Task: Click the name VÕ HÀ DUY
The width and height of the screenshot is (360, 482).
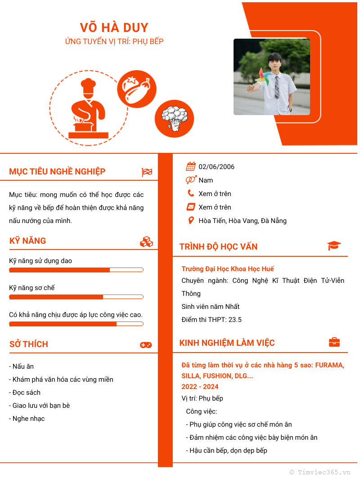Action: pyautogui.click(x=114, y=27)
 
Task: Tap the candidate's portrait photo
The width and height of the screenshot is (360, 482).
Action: pyautogui.click(x=271, y=77)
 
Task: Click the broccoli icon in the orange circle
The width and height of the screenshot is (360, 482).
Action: pyautogui.click(x=174, y=119)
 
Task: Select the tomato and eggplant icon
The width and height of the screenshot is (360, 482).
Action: pyautogui.click(x=137, y=89)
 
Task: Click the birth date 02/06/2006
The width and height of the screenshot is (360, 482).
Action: pyautogui.click(x=216, y=167)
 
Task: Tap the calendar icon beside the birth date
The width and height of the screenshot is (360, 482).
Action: pyautogui.click(x=191, y=167)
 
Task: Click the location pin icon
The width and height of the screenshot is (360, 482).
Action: pyautogui.click(x=191, y=220)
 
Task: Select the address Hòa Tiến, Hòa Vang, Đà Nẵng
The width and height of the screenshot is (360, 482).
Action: pyautogui.click(x=243, y=221)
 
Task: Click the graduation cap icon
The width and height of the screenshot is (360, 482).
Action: pyautogui.click(x=334, y=245)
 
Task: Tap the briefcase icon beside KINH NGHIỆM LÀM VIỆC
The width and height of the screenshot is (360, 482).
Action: pyautogui.click(x=334, y=342)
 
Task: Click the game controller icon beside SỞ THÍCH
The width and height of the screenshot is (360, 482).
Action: pyautogui.click(x=146, y=345)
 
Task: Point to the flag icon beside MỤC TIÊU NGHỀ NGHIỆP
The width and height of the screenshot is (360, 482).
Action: pyautogui.click(x=147, y=172)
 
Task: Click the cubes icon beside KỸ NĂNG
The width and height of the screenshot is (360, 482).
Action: pyautogui.click(x=146, y=241)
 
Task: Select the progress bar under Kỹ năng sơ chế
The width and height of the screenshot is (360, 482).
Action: pyautogui.click(x=76, y=297)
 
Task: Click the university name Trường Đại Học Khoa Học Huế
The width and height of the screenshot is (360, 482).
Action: pyautogui.click(x=228, y=269)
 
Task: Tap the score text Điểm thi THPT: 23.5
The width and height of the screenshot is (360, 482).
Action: pyautogui.click(x=211, y=320)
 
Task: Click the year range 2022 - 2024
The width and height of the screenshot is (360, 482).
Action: pyautogui.click(x=200, y=387)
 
